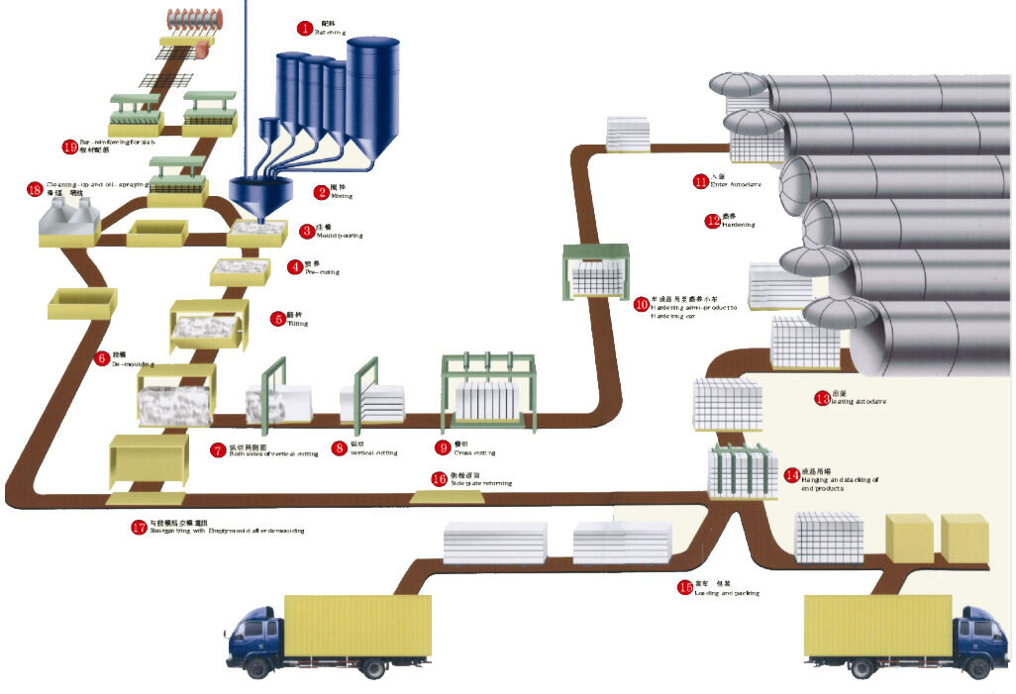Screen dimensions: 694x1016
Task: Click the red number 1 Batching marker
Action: pos(305,28)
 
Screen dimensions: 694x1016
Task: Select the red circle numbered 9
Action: pos(443,448)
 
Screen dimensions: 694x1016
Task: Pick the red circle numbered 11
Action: pos(701,181)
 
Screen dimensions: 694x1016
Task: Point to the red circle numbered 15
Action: pos(685,587)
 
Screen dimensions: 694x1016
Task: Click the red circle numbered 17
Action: pos(139,528)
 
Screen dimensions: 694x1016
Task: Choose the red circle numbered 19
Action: pos(69,147)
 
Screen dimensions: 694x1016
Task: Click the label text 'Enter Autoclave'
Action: pos(737,185)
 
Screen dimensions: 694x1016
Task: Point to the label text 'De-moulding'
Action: pos(133,364)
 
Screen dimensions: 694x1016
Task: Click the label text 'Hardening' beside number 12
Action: pos(739,226)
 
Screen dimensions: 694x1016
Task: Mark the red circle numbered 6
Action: pos(102,358)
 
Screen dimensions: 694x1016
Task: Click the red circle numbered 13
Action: pos(822,399)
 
